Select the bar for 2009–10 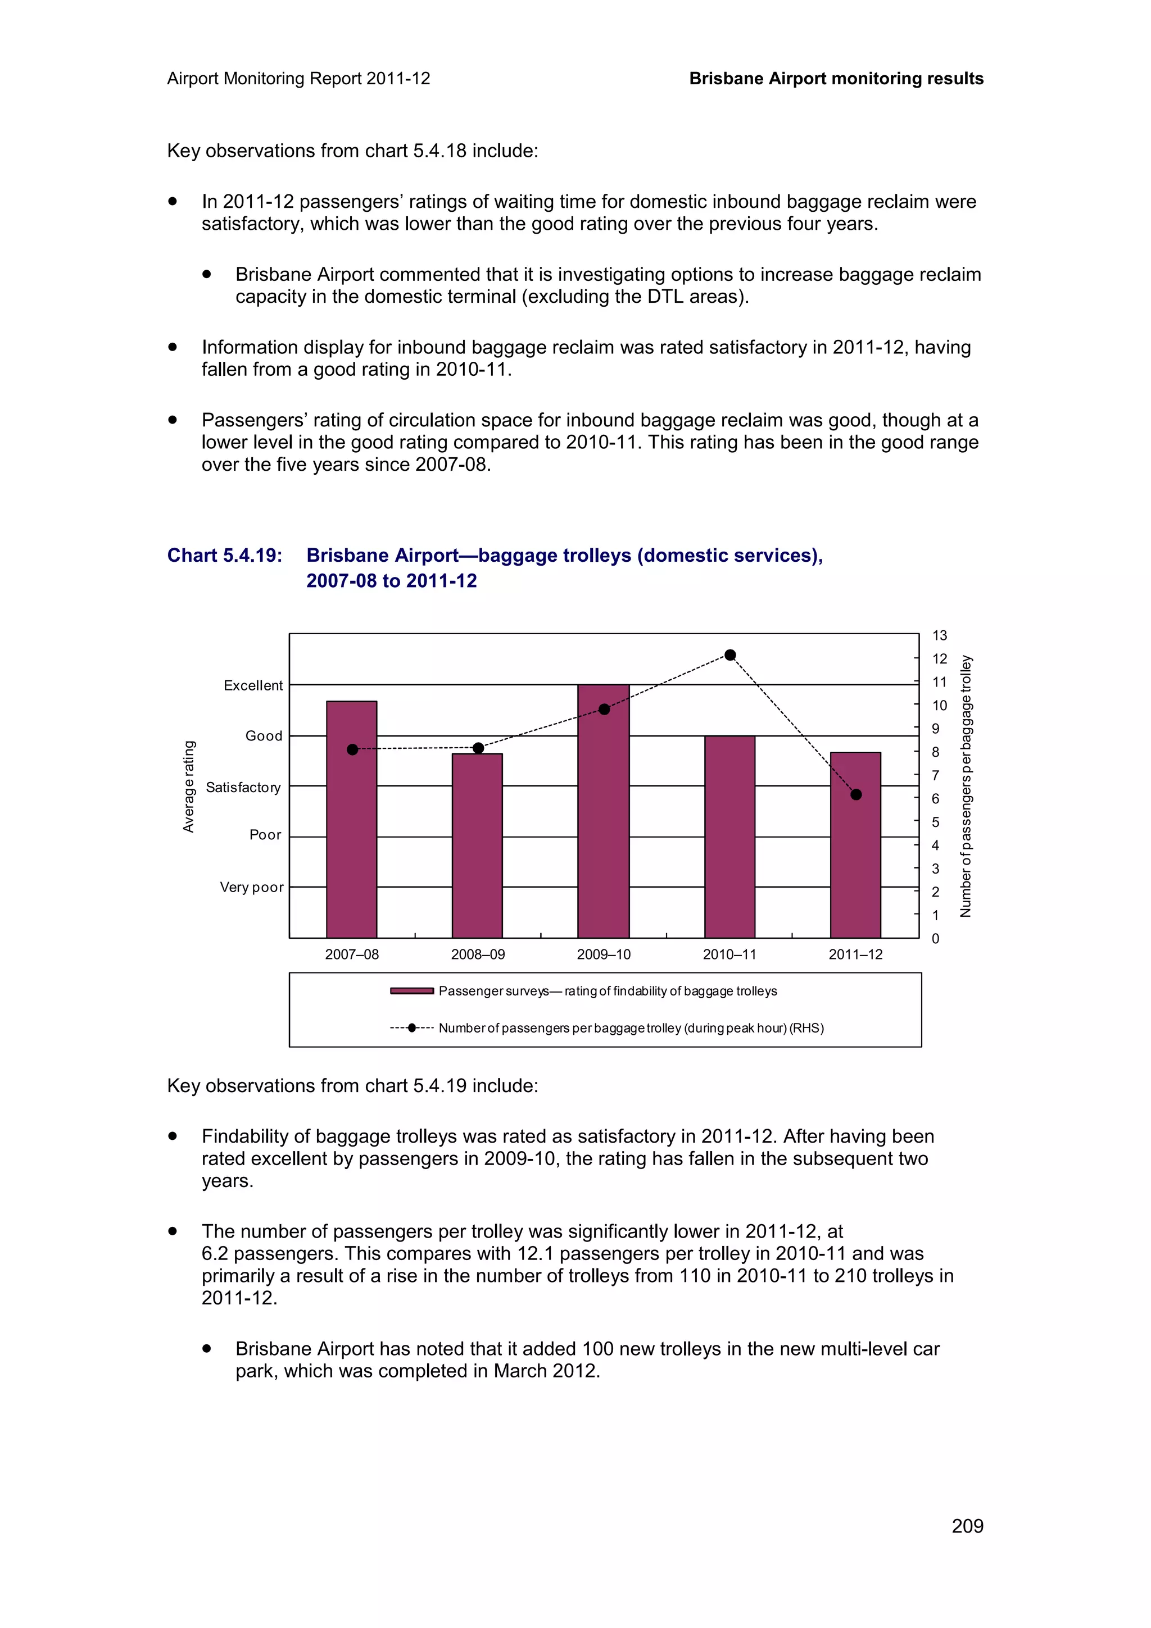click(x=604, y=816)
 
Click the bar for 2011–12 click(x=855, y=851)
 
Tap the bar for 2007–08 click(x=352, y=822)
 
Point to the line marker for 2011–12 click(x=856, y=795)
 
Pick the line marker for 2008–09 click(x=478, y=748)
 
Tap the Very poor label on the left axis click(x=251, y=887)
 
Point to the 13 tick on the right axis click(x=940, y=635)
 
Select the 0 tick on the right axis click(x=935, y=939)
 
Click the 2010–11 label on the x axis click(x=729, y=954)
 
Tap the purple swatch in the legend click(x=412, y=990)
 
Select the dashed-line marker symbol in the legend click(x=412, y=1027)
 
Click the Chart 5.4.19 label click(x=224, y=555)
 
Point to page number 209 click(x=967, y=1526)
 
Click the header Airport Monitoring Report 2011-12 click(x=298, y=79)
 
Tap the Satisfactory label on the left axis click(x=243, y=787)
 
